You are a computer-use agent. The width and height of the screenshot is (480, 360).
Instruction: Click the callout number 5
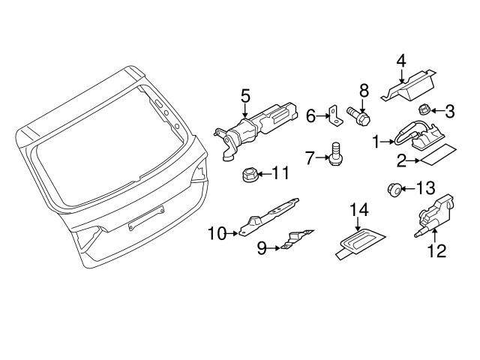(244, 96)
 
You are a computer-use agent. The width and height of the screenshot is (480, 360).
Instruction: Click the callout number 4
(401, 59)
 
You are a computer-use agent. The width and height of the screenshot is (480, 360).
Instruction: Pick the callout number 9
(262, 247)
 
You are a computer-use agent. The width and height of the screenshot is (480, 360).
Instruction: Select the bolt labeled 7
(334, 157)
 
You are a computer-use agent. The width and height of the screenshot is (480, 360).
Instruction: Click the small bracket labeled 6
(333, 115)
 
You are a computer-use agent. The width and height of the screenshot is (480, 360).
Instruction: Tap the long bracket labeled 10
(270, 214)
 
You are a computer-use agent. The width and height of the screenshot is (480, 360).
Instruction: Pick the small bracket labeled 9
(297, 239)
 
